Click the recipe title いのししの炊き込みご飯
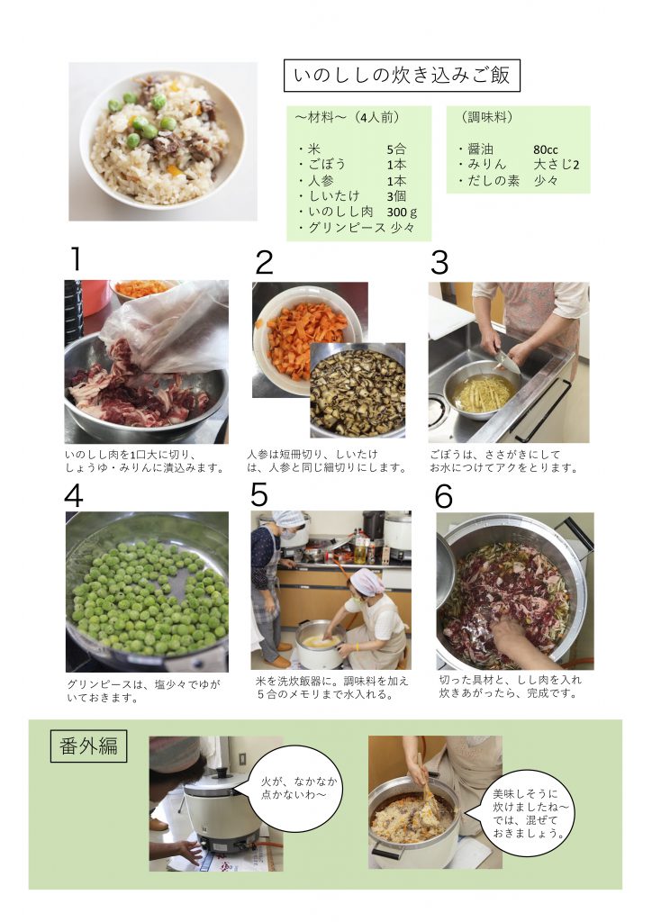pyautogui.click(x=402, y=76)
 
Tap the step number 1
pyautogui.click(x=76, y=259)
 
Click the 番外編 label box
pyautogui.click(x=88, y=746)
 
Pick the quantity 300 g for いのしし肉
pyautogui.click(x=402, y=212)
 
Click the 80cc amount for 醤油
pyautogui.click(x=545, y=149)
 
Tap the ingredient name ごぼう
pyautogui.click(x=327, y=165)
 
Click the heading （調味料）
pyautogui.click(x=487, y=117)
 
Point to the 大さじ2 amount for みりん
pyautogui.click(x=557, y=165)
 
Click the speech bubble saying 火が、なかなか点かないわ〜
pyautogui.click(x=297, y=790)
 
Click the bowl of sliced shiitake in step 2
pyautogui.click(x=358, y=391)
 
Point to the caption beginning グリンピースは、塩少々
pyautogui.click(x=143, y=691)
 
